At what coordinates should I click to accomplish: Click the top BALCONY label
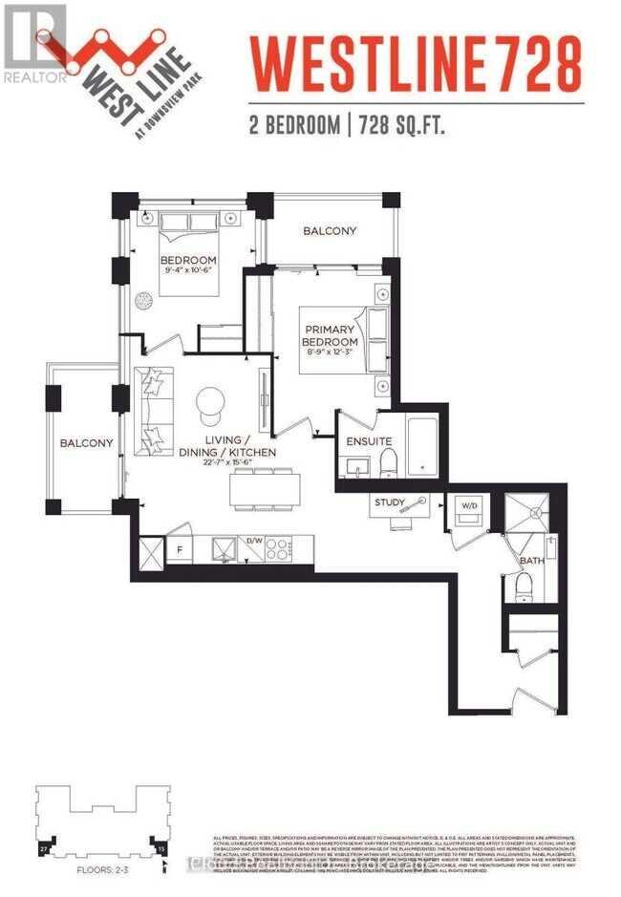click(330, 231)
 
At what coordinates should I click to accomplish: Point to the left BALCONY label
click(87, 443)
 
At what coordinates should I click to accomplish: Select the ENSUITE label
click(369, 442)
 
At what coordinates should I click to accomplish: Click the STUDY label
click(390, 502)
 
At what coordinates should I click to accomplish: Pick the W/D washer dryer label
click(469, 504)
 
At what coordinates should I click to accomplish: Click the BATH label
click(531, 561)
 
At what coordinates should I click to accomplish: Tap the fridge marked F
click(180, 550)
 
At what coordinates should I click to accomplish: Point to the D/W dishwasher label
click(255, 540)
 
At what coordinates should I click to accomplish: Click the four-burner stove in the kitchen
click(277, 549)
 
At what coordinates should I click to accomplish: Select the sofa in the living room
click(150, 409)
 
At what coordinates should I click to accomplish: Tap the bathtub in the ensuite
click(421, 445)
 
